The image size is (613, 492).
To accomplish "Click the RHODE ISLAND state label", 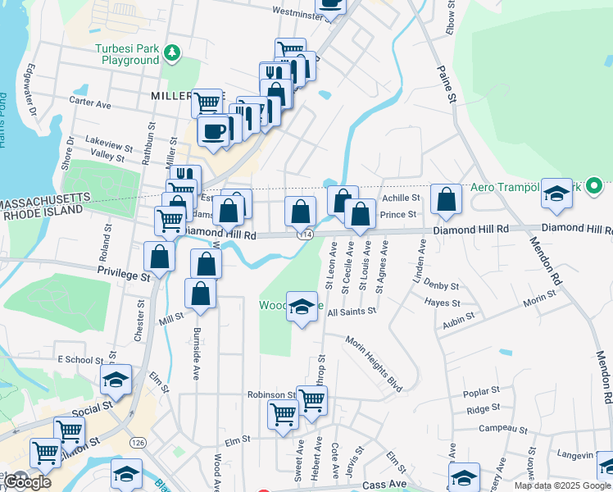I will pos(43,212).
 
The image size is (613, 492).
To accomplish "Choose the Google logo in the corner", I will pos(26,481).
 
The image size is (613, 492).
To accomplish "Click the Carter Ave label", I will pos(90,104).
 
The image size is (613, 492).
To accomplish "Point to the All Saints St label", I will pos(351,312).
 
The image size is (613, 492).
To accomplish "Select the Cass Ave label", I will pos(384,485).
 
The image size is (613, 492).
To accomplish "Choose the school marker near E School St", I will pos(116,380).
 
